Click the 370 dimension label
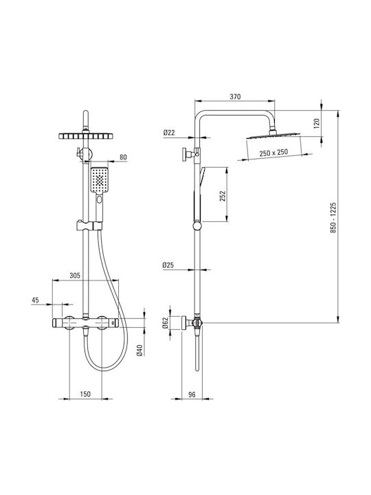coord(235,96)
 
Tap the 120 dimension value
coord(317,122)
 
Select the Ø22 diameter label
coord(169,133)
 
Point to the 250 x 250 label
coord(273,153)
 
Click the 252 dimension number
coord(223,196)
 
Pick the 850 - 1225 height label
coord(333,218)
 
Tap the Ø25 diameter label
coord(168,265)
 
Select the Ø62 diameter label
coord(166,322)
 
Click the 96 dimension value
coord(192,395)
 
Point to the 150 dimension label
coord(85,394)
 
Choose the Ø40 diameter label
coord(140,350)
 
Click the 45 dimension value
coord(35,300)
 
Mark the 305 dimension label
coord(75,275)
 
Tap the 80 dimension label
coord(123,157)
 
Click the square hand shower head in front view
coord(100,179)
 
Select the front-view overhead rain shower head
coord(85,135)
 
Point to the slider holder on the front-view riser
coord(89,225)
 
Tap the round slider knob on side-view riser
coord(197,226)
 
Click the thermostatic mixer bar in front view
coord(85,323)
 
